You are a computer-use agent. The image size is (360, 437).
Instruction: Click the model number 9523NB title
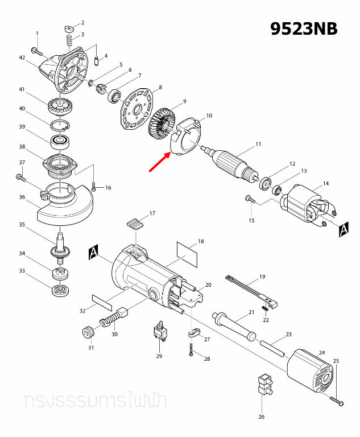304,28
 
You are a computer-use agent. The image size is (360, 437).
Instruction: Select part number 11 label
258,145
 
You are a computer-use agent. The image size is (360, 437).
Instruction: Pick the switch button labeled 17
134,222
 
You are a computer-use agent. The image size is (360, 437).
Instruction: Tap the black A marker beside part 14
343,229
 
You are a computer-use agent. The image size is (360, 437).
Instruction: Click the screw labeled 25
339,403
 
